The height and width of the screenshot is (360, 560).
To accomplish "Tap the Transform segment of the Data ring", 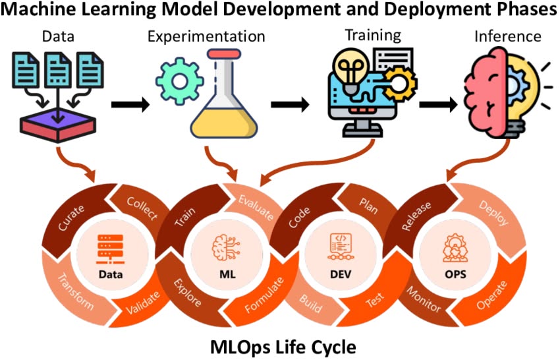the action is tap(75, 292).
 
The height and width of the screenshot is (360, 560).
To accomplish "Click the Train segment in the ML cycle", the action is tap(185, 218).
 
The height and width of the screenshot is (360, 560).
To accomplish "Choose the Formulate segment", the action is tap(264, 295).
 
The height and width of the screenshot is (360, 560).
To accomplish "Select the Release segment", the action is tap(416, 216).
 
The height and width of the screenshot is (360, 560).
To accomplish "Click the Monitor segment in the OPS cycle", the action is tap(424, 299).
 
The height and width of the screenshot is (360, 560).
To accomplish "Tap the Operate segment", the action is tap(491, 295).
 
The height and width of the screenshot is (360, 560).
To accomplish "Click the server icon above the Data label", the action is tap(111, 249).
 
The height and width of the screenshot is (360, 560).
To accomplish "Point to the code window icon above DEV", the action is tap(341, 247).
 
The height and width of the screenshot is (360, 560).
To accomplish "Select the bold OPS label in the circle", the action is tap(455, 274).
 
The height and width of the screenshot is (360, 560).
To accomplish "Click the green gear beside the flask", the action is tap(180, 82).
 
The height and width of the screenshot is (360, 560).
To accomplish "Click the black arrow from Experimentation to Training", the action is tap(290, 105).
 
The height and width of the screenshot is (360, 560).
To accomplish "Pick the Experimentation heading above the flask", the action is tap(206, 37).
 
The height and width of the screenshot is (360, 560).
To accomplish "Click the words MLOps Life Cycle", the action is tap(283, 347).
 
